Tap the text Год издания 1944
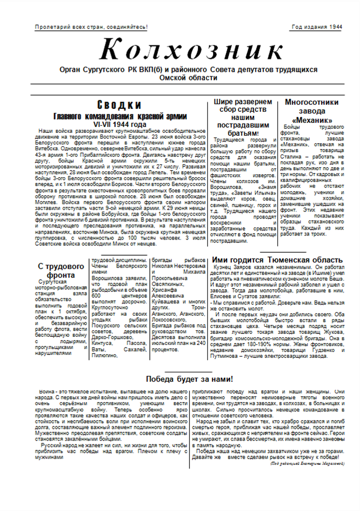tap(316, 27)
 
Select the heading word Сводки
tap(128, 105)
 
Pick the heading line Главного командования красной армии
tap(128, 115)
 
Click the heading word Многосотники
tap(308, 102)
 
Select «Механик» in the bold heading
tap(308, 120)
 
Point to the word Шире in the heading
tap(225, 102)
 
